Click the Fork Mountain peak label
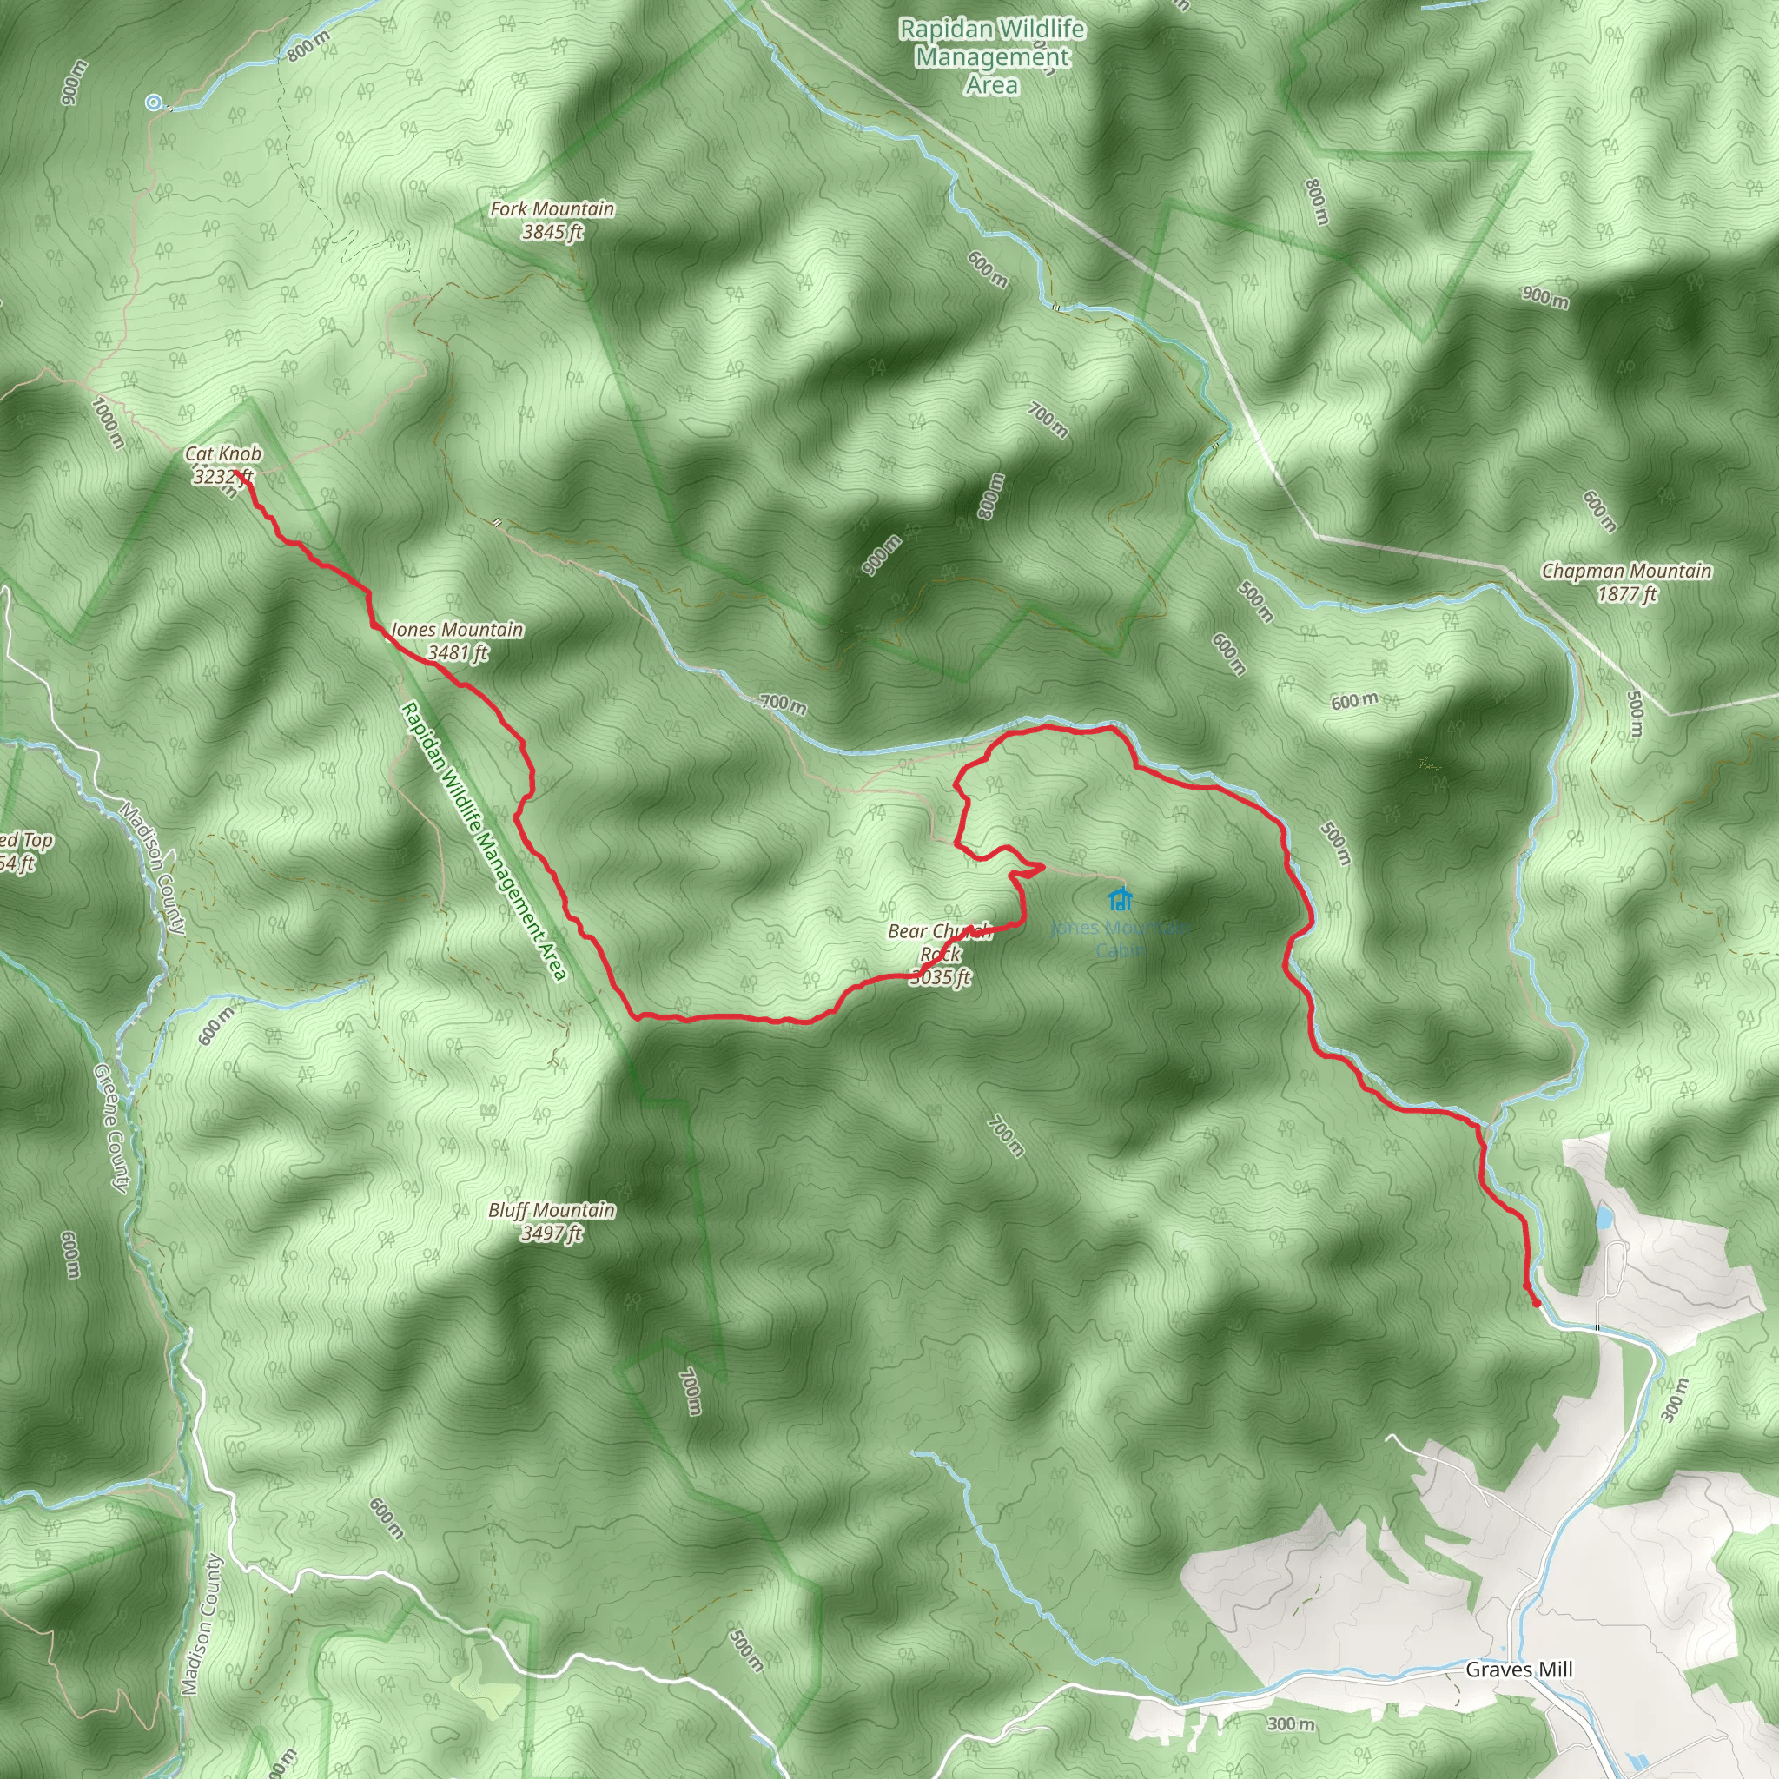click(552, 209)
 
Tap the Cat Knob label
click(223, 454)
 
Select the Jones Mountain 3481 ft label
click(458, 641)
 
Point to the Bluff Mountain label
click(552, 1210)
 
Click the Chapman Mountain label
click(1626, 571)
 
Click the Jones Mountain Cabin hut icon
click(1120, 898)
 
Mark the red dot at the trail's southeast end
click(1536, 1303)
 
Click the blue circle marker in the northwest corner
click(154, 103)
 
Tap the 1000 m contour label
click(109, 421)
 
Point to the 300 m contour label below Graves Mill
click(1290, 1723)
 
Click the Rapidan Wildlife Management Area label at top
click(992, 57)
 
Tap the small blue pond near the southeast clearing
click(1604, 1218)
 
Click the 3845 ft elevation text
click(552, 232)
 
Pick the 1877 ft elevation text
click(1627, 594)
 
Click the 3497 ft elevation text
click(552, 1233)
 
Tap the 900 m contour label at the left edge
click(75, 82)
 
